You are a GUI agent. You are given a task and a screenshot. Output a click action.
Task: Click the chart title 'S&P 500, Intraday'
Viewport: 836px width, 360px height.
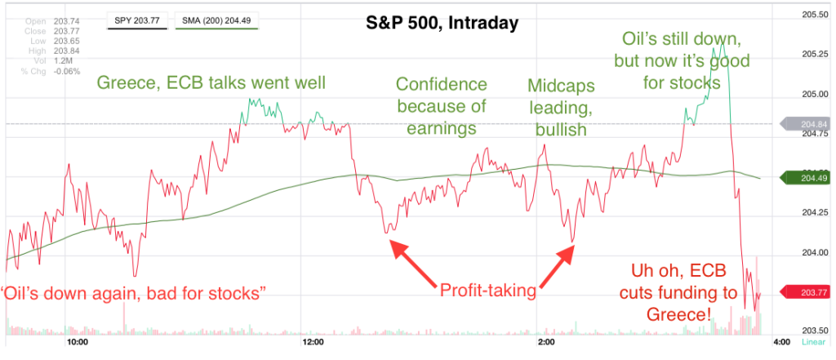pyautogui.click(x=442, y=24)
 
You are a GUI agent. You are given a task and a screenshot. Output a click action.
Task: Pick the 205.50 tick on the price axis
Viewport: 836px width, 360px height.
pyautogui.click(x=814, y=14)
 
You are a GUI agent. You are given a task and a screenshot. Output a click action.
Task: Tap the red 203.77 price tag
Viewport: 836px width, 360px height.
pyautogui.click(x=807, y=291)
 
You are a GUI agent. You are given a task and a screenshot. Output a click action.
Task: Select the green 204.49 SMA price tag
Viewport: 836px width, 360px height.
pyautogui.click(x=807, y=177)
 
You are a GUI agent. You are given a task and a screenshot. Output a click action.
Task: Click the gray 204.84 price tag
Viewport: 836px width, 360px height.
pyautogui.click(x=807, y=124)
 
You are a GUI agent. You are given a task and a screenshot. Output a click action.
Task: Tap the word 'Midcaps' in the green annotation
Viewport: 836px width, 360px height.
pyautogui.click(x=561, y=85)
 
